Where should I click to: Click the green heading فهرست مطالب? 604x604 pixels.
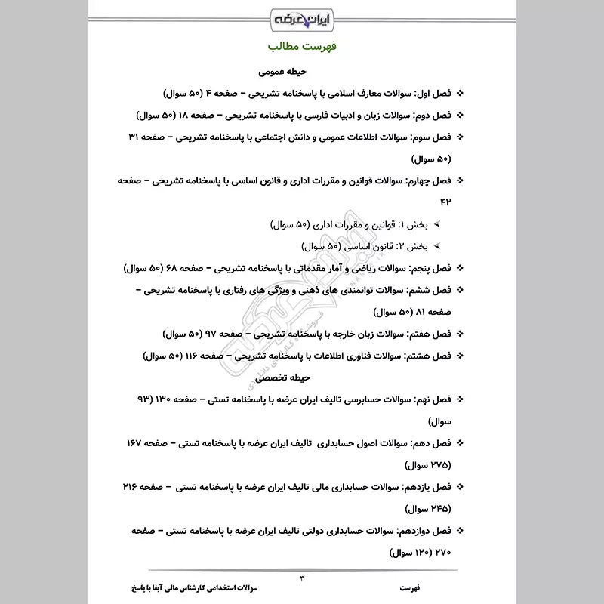(x=302, y=47)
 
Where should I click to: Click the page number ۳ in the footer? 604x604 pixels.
(x=302, y=578)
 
